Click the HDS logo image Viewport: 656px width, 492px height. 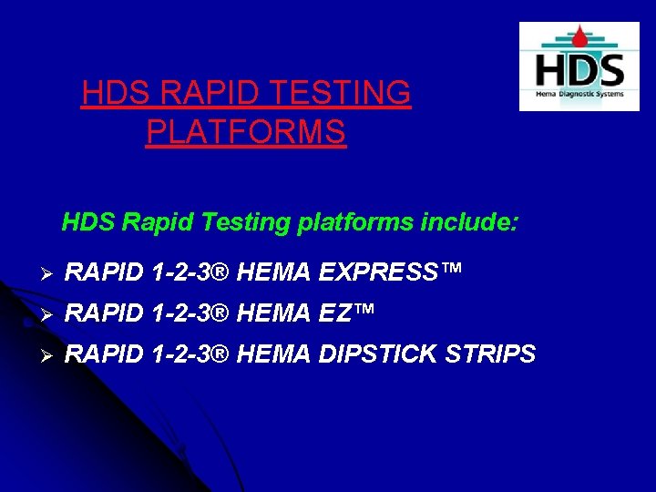pos(579,67)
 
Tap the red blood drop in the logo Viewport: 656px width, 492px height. pos(579,37)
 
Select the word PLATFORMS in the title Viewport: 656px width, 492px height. pos(246,132)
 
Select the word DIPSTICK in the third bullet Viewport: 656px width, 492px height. pos(374,354)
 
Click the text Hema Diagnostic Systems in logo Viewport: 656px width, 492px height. pos(579,96)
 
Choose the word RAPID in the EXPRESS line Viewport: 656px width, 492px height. pos(102,271)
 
